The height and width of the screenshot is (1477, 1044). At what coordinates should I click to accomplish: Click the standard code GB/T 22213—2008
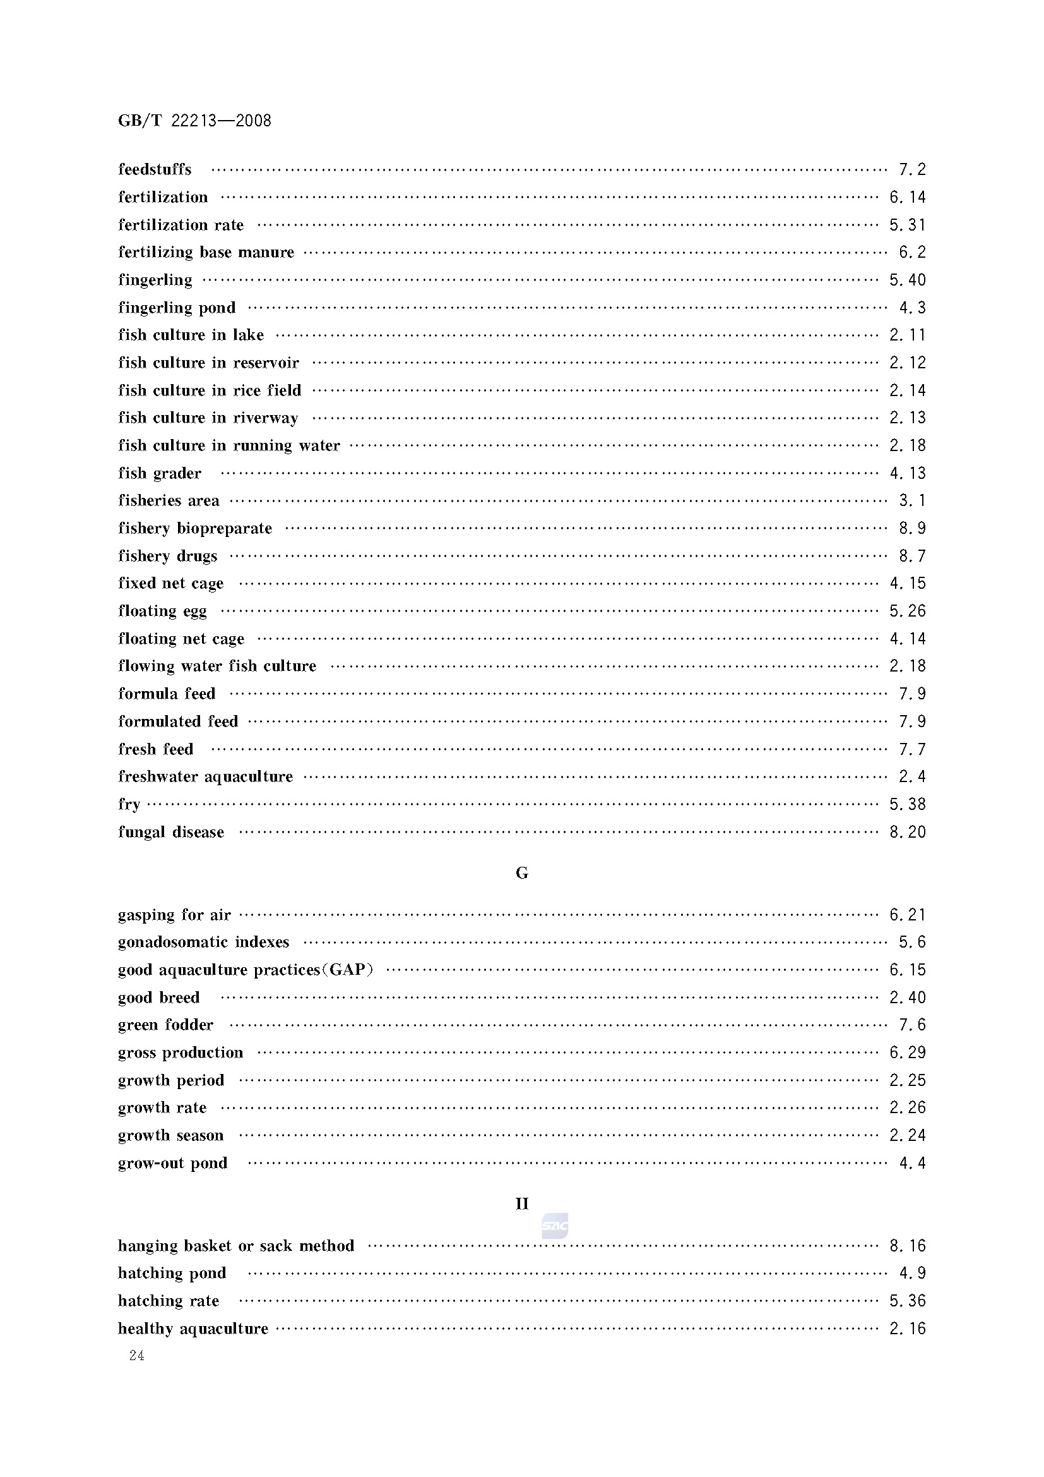[194, 121]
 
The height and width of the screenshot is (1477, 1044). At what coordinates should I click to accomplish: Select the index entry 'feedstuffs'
[155, 170]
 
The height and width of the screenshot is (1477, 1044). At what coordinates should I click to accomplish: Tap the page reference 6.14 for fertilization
[907, 198]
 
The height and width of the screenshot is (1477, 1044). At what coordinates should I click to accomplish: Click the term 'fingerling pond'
[177, 308]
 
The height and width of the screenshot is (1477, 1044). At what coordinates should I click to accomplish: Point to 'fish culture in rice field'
[210, 390]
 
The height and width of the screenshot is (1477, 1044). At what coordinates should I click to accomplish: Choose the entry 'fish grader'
[160, 473]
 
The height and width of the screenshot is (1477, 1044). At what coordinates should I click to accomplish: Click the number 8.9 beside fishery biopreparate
[911, 529]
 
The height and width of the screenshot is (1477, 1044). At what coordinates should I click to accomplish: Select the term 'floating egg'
[163, 611]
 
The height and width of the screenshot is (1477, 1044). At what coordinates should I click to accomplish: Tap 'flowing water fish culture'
[217, 666]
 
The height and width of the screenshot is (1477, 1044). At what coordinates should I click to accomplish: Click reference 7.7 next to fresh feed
[911, 749]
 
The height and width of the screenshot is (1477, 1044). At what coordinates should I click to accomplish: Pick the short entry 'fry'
[129, 805]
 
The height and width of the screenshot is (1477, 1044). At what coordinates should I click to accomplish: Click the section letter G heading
[522, 873]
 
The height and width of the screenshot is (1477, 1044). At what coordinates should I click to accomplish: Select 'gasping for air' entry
[174, 915]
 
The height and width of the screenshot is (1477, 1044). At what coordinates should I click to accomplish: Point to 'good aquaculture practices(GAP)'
[246, 970]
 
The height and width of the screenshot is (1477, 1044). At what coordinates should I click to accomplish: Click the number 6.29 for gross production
[907, 1053]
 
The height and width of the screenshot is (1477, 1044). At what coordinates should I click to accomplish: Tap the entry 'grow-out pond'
[173, 1163]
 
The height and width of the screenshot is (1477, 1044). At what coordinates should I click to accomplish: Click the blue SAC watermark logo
[555, 1226]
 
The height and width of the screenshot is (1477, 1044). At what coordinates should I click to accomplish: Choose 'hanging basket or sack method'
[236, 1246]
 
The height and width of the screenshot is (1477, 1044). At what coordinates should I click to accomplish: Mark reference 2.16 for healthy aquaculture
[907, 1329]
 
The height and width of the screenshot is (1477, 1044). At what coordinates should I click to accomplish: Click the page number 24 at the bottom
[136, 1356]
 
